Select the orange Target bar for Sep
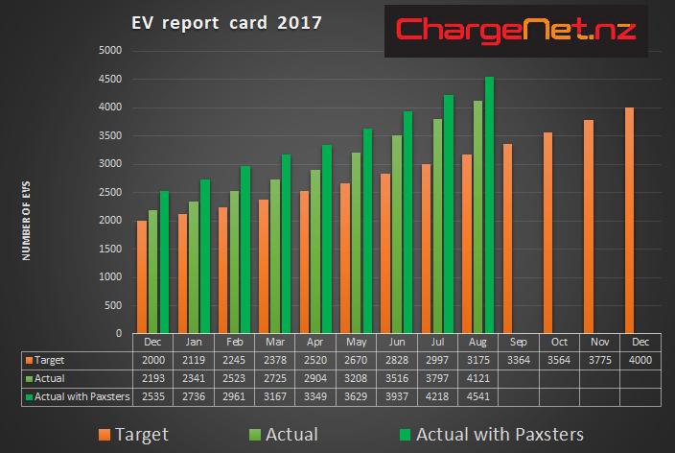click(x=507, y=237)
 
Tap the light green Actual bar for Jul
click(x=437, y=226)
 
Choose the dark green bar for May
click(x=366, y=230)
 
